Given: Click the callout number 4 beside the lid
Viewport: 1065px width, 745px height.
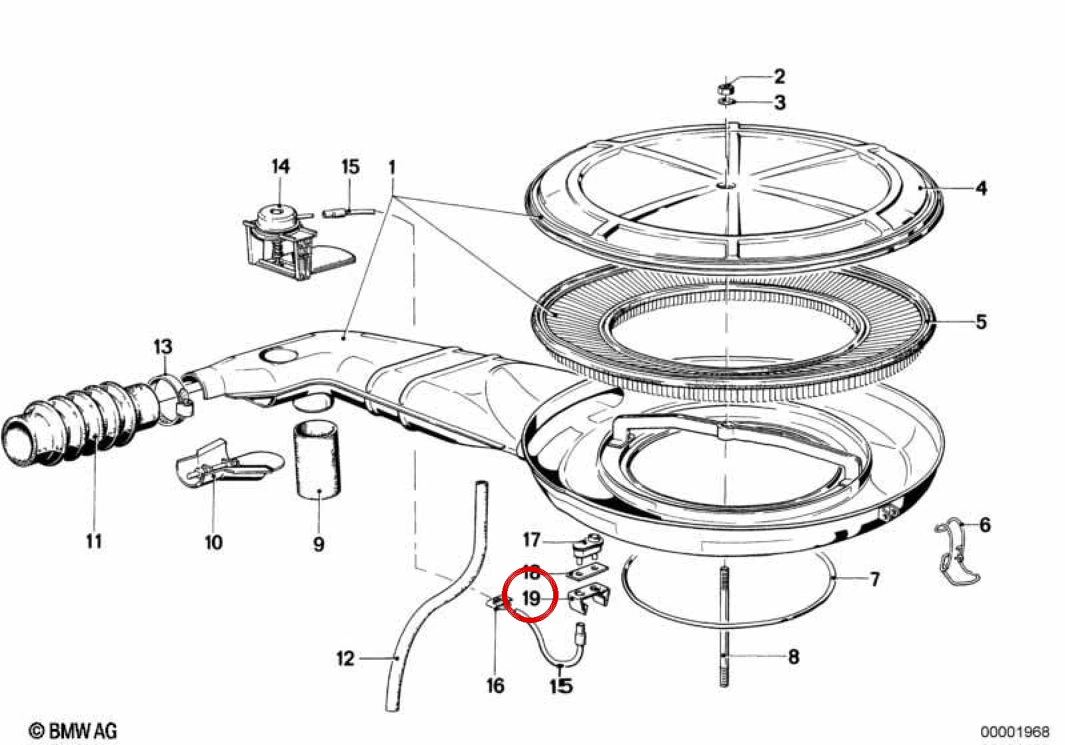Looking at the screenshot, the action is tap(981, 189).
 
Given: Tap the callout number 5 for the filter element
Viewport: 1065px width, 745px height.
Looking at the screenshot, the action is tap(981, 322).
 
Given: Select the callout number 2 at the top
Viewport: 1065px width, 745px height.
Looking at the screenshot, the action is tap(779, 77).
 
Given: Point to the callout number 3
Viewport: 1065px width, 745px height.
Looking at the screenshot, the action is tap(780, 102).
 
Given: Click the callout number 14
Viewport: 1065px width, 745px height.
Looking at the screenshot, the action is tap(281, 167).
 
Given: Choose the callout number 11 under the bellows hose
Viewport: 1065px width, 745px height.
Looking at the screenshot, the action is tap(94, 541).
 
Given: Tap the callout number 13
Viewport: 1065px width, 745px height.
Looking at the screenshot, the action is tap(163, 347).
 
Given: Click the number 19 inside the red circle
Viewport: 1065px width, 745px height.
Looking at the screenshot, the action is tap(532, 598).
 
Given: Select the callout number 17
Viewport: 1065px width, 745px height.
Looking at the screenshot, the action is tap(532, 540).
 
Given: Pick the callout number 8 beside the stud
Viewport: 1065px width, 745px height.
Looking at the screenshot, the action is tap(794, 657).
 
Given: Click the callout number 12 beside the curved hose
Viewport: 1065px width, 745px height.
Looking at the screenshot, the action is tap(346, 658).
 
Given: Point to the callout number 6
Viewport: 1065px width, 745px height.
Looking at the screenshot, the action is tap(984, 525).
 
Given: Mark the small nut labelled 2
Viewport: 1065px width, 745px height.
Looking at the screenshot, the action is tap(725, 88).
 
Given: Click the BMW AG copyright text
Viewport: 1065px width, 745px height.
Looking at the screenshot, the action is tap(73, 731).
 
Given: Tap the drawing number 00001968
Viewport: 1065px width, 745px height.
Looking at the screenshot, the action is tap(1015, 731).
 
